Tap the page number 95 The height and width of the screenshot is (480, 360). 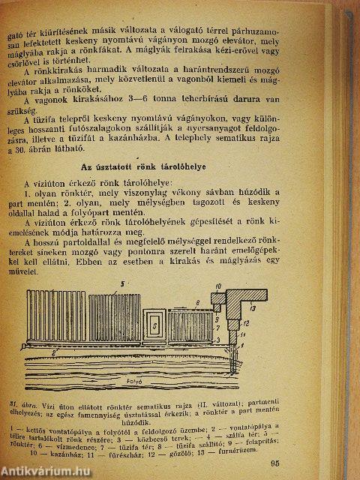(x=325, y=463)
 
